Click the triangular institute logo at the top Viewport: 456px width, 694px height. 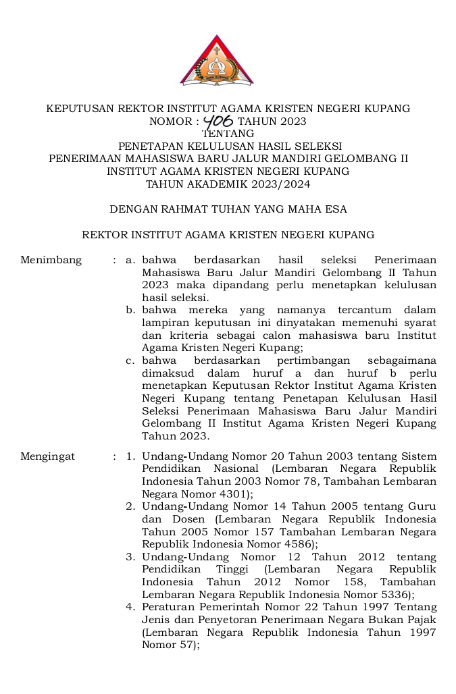pyautogui.click(x=216, y=62)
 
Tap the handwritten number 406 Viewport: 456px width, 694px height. pyautogui.click(x=218, y=122)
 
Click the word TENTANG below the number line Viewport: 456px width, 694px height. pyautogui.click(x=228, y=134)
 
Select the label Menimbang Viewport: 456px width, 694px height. pyautogui.click(x=51, y=260)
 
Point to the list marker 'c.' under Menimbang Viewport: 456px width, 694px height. pyautogui.click(x=131, y=361)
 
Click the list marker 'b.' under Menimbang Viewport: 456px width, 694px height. pyautogui.click(x=131, y=310)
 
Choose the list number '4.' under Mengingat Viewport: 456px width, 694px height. pyautogui.click(x=131, y=607)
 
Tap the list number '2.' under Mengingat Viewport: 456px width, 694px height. pyautogui.click(x=131, y=506)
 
